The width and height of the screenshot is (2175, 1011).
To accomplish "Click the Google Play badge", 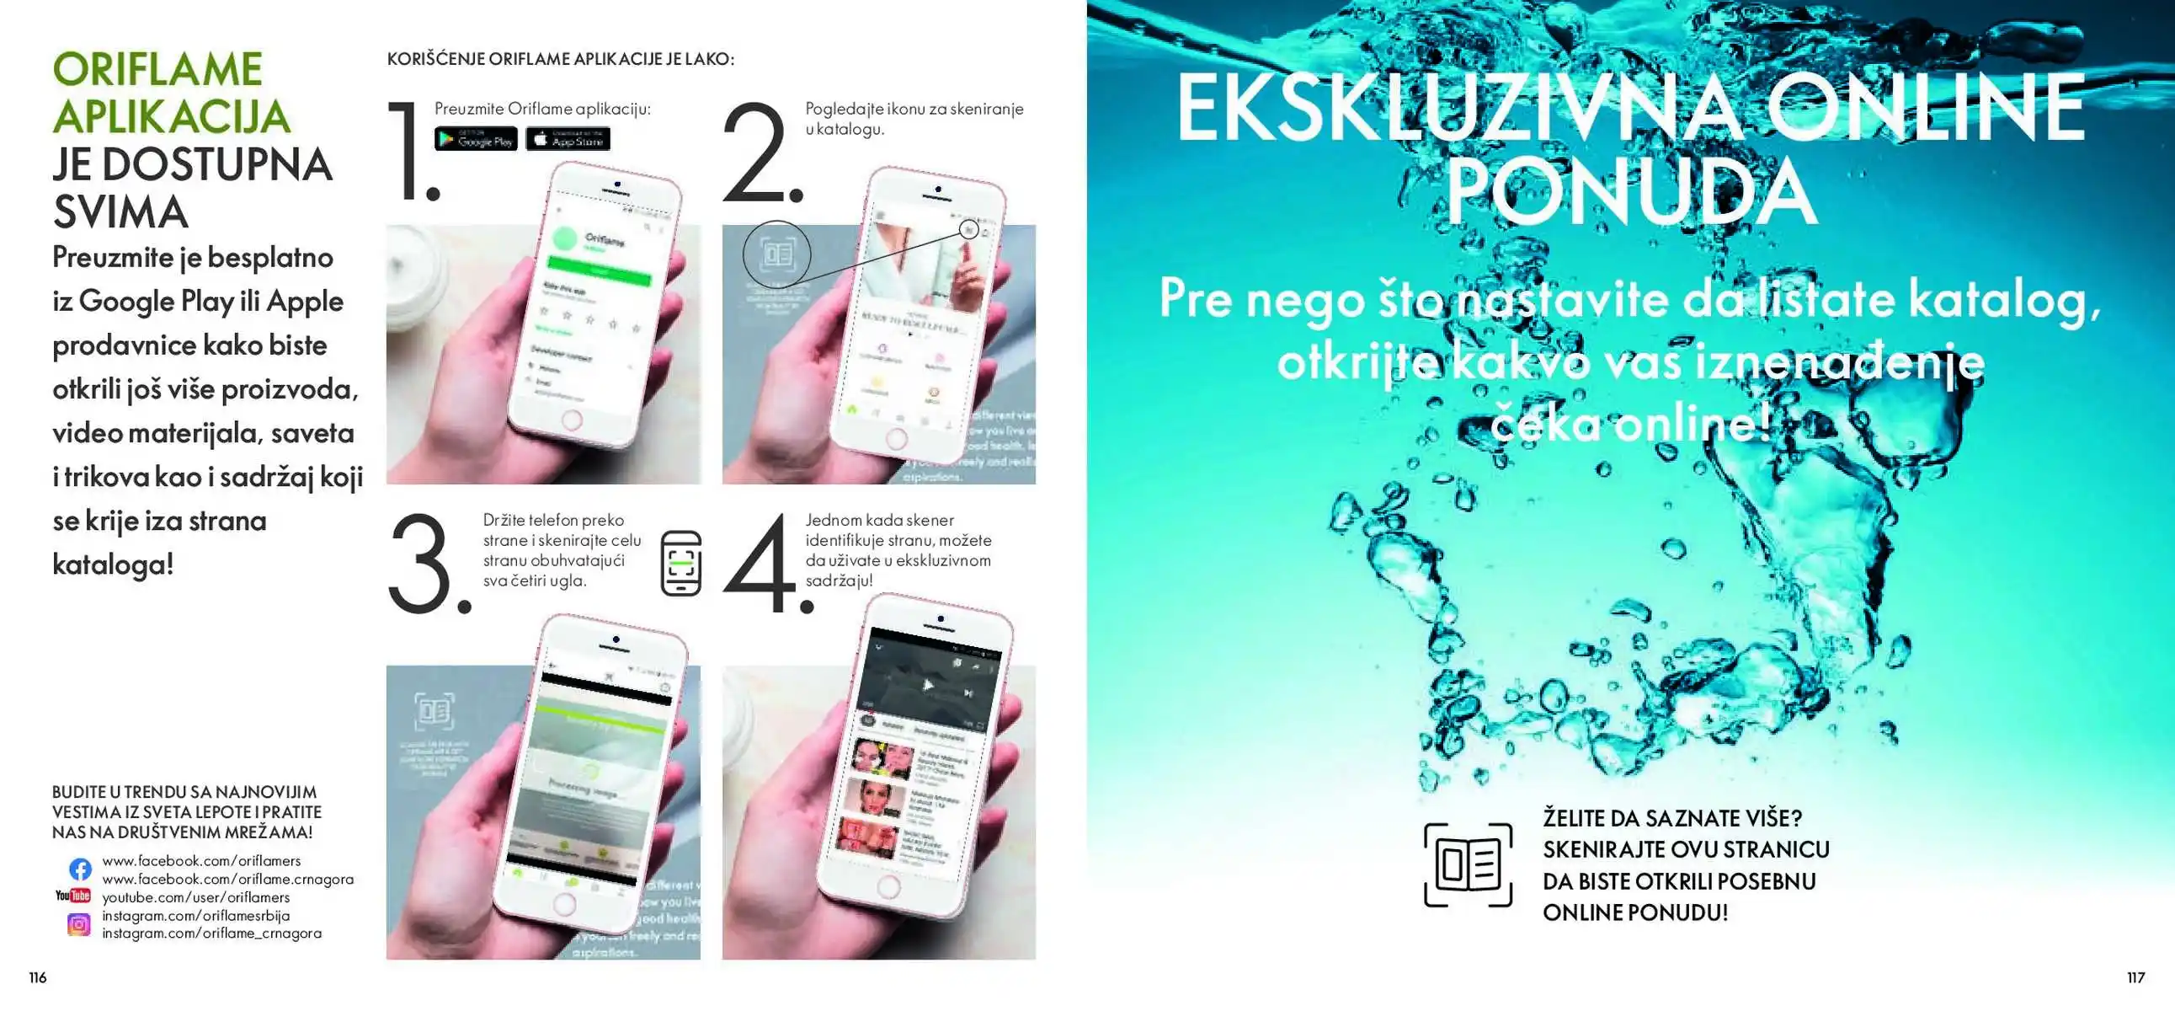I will point(476,139).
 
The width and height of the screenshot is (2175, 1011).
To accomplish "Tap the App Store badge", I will point(568,139).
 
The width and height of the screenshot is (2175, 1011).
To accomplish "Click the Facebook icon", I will point(80,869).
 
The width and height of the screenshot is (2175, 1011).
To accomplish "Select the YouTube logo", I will point(72,896).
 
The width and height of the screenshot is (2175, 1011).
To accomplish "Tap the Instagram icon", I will point(78,924).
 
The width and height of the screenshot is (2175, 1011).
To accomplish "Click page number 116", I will point(38,977).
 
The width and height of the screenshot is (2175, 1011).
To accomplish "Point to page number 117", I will point(2135,977).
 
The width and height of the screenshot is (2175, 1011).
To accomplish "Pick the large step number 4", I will point(764,564).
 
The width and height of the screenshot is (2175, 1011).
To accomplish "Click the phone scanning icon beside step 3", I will point(680,563).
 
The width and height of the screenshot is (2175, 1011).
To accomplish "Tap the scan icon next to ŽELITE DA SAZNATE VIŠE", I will point(1468,864).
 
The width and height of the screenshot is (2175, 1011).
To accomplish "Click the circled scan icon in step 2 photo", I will point(776,254).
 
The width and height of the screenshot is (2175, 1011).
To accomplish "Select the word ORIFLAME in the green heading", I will point(158,69).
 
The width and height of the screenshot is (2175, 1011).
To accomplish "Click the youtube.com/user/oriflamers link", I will point(196,897).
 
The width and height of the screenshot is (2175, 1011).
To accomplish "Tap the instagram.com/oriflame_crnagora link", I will point(212,933).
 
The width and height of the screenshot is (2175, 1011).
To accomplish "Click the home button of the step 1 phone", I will point(572,420).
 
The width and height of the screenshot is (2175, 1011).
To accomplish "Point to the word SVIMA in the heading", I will point(120,212).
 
